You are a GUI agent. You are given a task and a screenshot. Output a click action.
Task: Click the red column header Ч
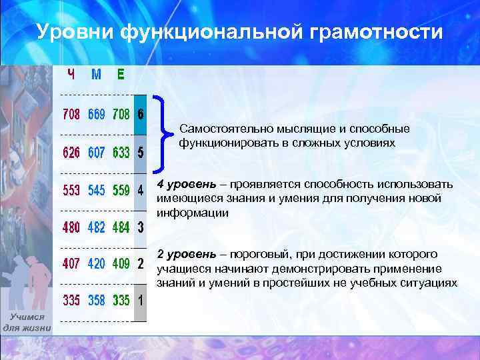coord(70,74)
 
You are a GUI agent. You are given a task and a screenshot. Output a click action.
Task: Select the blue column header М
coord(96,74)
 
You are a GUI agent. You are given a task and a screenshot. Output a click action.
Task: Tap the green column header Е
coord(121,74)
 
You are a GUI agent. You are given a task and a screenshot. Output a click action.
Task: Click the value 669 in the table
coord(96,115)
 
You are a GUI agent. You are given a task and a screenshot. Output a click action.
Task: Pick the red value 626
coord(71,153)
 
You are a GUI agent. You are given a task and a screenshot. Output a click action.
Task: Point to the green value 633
coord(121,153)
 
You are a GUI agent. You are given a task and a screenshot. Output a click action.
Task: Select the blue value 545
coord(96,191)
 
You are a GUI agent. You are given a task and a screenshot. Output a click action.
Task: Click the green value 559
coord(121,191)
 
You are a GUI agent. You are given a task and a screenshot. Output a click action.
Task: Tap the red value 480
coord(71,227)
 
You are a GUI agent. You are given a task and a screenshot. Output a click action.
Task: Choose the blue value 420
coord(96,263)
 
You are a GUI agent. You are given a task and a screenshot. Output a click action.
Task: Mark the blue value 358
coord(96,300)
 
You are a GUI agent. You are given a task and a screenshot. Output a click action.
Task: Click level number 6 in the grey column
coord(140,115)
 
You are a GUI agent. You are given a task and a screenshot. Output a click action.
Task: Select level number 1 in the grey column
coord(140,300)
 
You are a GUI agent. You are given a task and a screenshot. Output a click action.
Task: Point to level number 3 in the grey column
coord(140,227)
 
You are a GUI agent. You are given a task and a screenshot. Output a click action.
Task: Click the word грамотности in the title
coord(370,31)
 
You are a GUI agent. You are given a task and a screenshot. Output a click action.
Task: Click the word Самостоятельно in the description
coord(221,129)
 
